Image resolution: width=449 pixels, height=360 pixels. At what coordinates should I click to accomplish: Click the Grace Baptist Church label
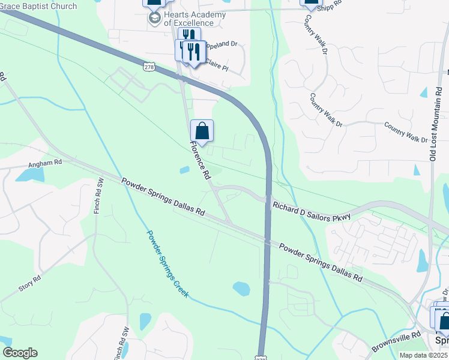coord(39,6)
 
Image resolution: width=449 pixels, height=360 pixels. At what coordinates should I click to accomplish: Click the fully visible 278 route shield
coord(150,67)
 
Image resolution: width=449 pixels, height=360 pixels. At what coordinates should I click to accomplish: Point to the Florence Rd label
coord(200,160)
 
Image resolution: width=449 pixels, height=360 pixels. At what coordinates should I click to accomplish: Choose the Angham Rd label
coord(45,163)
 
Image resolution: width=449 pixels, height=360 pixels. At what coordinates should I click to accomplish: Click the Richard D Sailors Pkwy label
coord(311,211)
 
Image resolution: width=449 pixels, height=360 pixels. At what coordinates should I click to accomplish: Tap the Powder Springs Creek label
coord(167,264)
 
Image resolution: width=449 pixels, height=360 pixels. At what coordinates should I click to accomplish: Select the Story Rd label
coord(29,283)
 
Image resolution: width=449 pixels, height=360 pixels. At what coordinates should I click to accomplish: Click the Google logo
coord(19,353)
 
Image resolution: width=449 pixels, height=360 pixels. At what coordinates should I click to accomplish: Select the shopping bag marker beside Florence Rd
coord(202,131)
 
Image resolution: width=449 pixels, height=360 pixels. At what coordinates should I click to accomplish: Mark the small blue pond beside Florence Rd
coord(184,170)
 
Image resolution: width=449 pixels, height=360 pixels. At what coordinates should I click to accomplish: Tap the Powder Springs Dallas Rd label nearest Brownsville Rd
coord(321,262)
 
